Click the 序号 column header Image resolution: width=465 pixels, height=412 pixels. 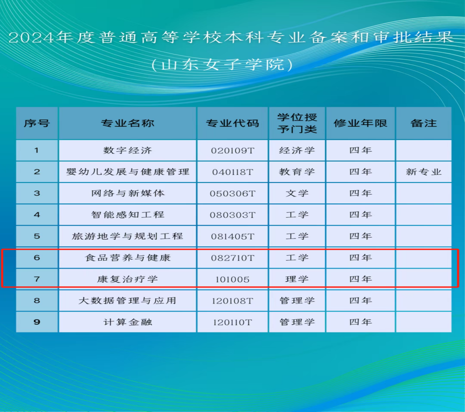point(37,123)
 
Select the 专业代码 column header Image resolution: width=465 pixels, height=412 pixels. point(232,123)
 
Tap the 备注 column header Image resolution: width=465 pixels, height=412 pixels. point(424,123)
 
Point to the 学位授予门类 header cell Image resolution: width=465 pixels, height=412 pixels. point(297,123)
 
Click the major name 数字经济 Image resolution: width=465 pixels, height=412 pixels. point(128,150)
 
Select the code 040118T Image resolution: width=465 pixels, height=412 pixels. point(232,172)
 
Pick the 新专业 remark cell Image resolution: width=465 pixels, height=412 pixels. point(424,172)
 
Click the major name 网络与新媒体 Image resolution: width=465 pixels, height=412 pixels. point(128,194)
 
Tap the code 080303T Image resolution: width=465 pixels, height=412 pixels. point(232,215)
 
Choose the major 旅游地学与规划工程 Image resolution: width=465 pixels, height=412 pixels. point(128,236)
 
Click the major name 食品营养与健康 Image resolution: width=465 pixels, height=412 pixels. point(128,258)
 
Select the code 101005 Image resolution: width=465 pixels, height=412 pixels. point(232,279)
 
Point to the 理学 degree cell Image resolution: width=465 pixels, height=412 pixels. point(297,279)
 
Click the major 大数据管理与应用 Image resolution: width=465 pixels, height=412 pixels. point(128,301)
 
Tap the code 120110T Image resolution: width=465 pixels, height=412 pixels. point(232,323)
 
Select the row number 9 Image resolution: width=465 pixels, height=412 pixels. point(37,322)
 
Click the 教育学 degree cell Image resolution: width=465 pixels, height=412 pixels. point(297,172)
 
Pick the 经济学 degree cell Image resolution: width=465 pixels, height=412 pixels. point(297,150)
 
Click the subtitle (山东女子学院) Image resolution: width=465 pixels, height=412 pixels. point(222,65)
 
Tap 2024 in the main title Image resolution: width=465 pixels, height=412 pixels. point(31,37)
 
